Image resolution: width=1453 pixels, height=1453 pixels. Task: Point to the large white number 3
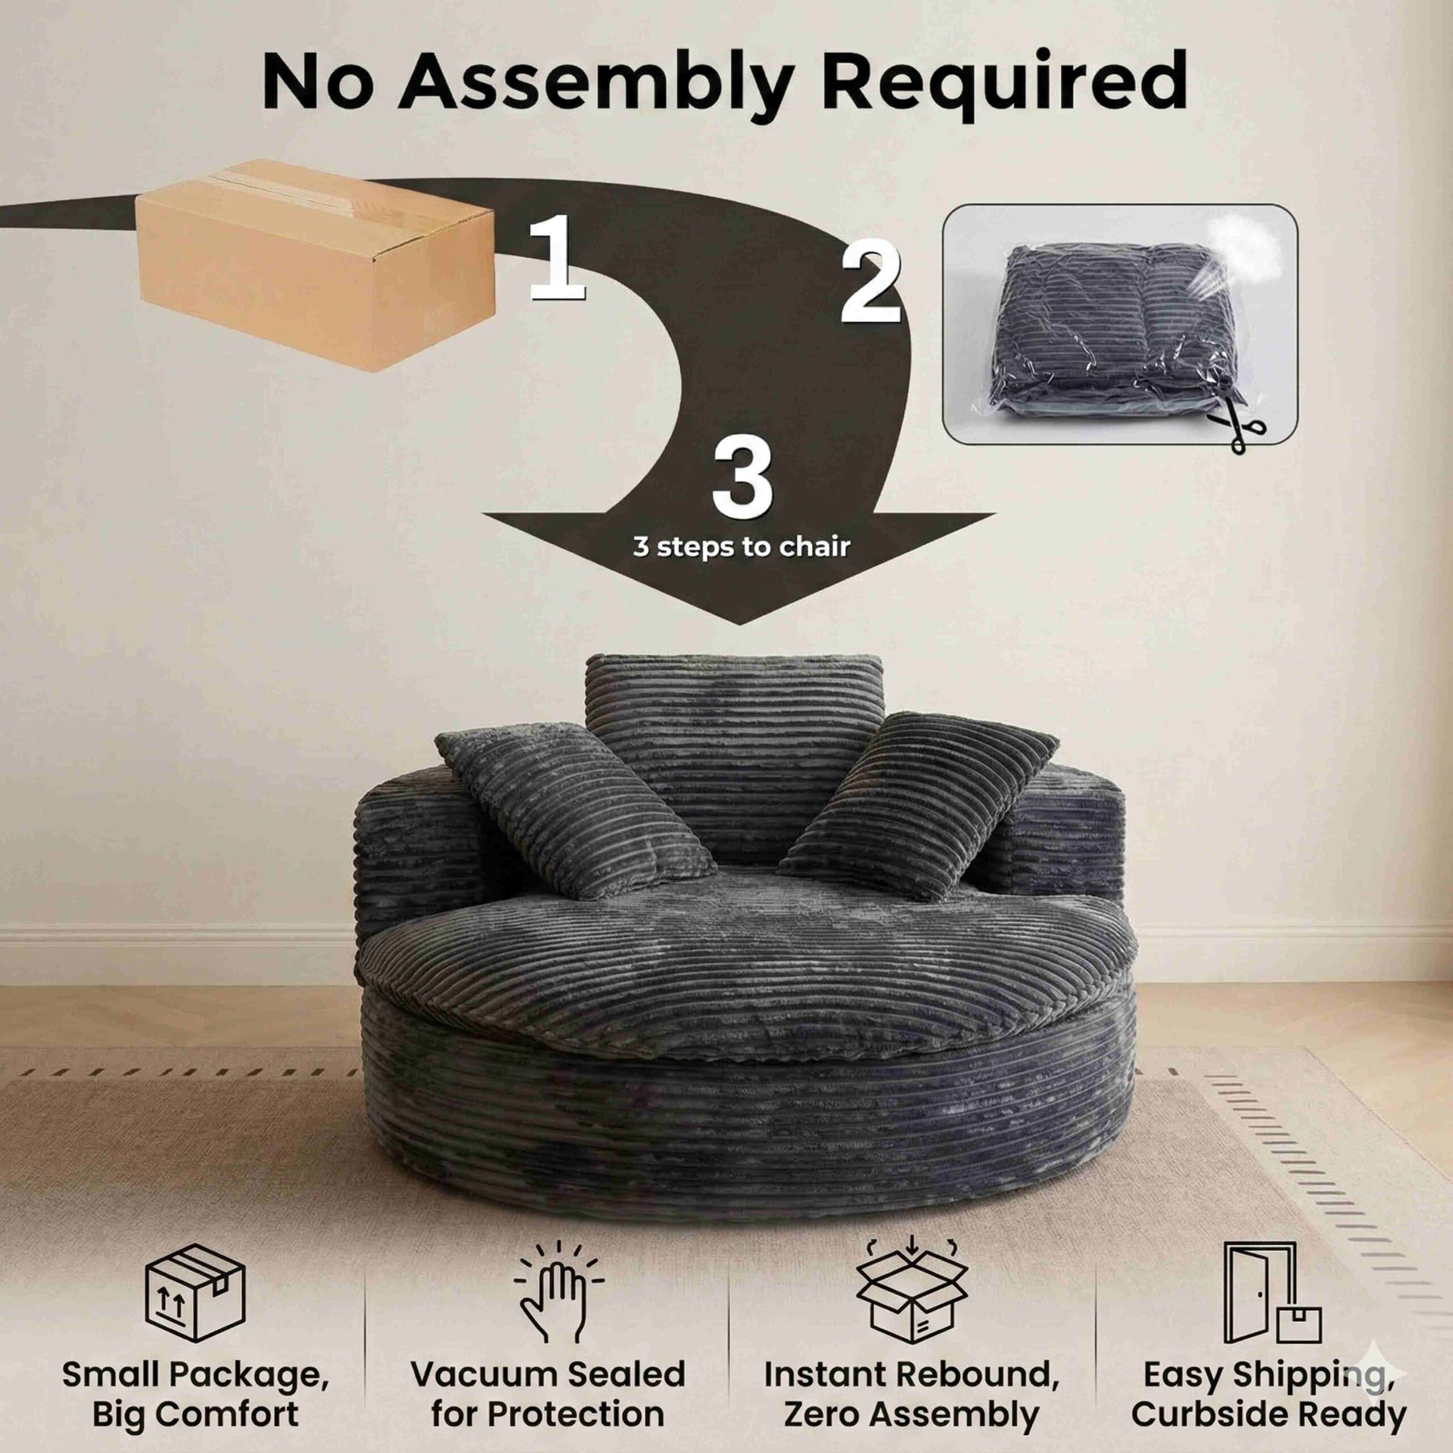click(742, 477)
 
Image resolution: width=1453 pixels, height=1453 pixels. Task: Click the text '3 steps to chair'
click(742, 547)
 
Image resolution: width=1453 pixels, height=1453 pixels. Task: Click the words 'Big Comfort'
click(196, 1413)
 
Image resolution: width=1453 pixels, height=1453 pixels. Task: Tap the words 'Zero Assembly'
click(912, 1413)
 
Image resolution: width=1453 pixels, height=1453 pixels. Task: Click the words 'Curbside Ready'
click(1268, 1413)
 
